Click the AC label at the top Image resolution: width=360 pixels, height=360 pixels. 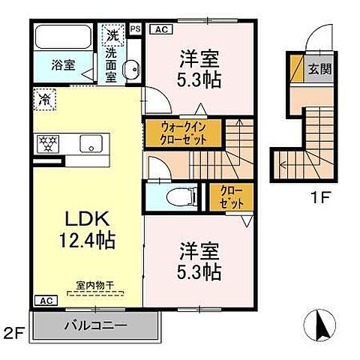[160, 29]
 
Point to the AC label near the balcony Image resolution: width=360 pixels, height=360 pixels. [45, 300]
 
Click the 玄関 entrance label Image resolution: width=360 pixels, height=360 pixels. [319, 69]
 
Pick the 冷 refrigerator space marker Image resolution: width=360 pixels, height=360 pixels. [44, 97]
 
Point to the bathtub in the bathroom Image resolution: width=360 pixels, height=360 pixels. [62, 36]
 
